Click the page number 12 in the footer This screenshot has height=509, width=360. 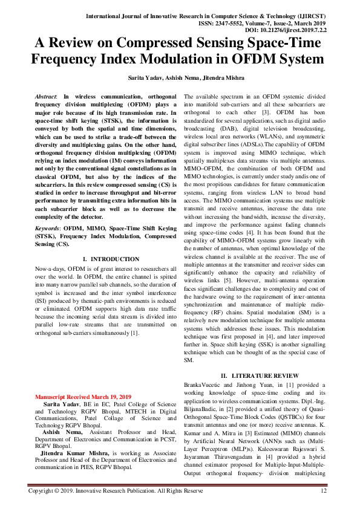tap(324, 491)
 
